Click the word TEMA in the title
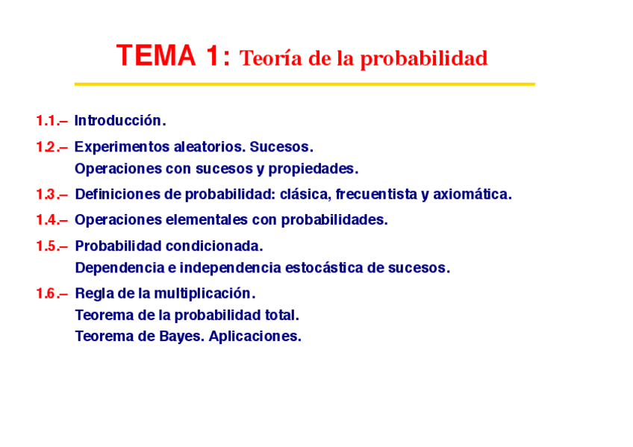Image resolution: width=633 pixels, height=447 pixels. coord(156,55)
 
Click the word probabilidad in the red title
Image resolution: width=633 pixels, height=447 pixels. coord(424,59)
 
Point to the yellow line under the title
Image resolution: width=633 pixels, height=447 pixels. coord(305,84)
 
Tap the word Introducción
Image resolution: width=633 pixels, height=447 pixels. coord(120,120)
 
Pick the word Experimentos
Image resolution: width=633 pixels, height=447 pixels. coord(122,147)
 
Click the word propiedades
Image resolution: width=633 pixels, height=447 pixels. coord(314,169)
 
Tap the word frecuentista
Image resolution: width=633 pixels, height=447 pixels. coord(377,194)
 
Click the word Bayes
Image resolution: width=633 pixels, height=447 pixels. coord(182,337)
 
